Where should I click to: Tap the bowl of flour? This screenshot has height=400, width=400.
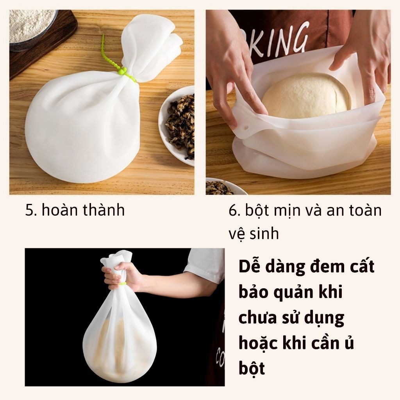(x=32, y=29)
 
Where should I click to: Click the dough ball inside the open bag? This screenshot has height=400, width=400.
(x=307, y=96)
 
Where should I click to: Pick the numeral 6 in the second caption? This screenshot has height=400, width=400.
(x=233, y=211)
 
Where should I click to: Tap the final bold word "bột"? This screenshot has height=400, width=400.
(x=252, y=368)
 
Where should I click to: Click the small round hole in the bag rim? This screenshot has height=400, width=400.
(x=246, y=127)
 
